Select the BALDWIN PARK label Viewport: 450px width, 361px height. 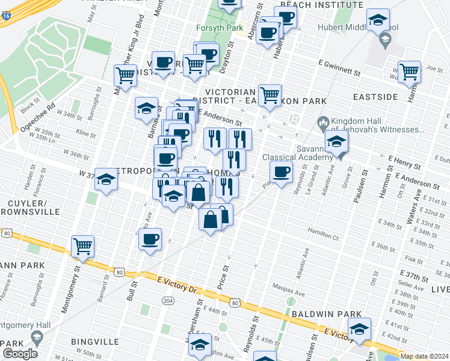[327, 314]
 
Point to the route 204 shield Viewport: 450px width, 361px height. [167, 300]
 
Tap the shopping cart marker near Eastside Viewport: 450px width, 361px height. [409, 71]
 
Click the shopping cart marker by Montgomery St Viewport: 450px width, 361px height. [82, 245]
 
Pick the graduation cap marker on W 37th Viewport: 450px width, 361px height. [106, 179]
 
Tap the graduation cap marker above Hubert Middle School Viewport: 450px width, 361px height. [378, 20]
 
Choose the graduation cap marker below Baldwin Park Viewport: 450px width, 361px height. [359, 329]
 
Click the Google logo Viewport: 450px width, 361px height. [20, 353]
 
